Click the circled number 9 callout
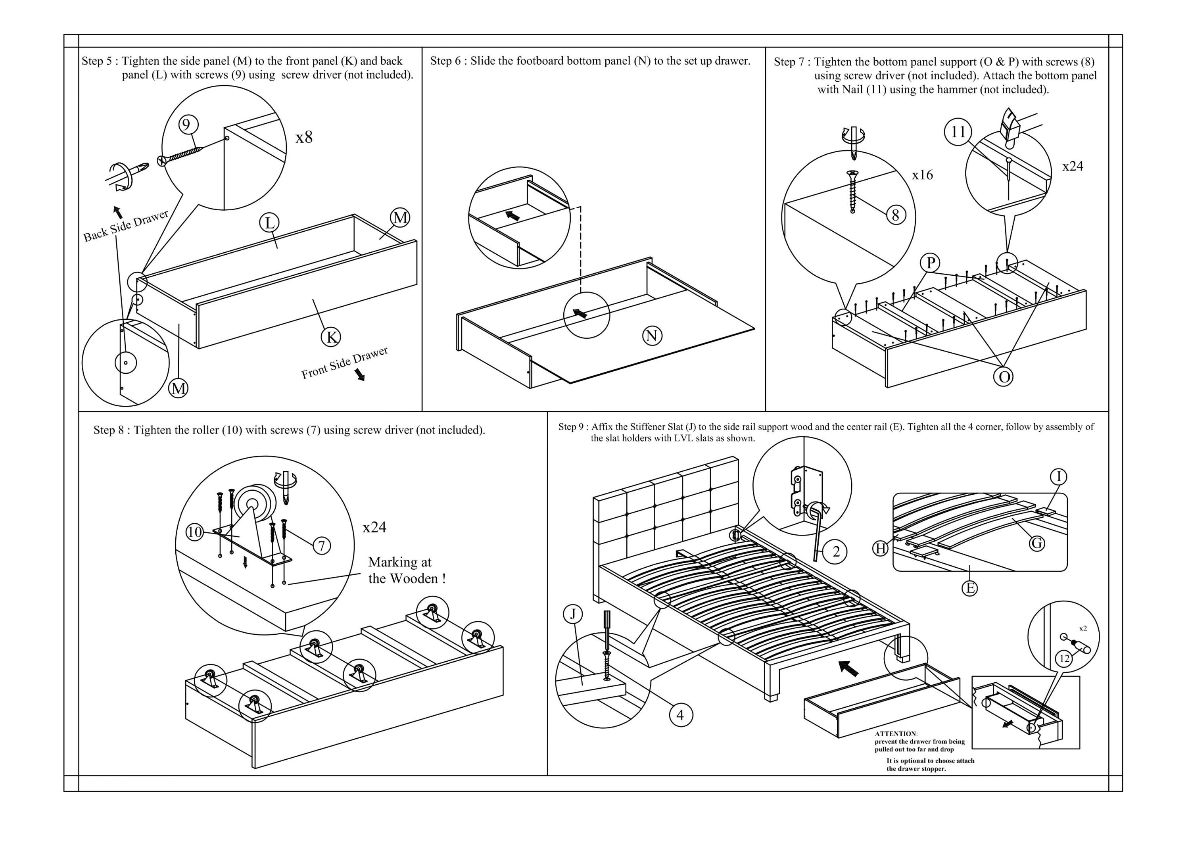[x=188, y=124]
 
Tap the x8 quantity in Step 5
[x=304, y=137]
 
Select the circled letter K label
[x=331, y=337]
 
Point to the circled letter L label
[x=269, y=223]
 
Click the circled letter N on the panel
[x=652, y=336]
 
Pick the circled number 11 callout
[x=958, y=132]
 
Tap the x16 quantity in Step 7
[x=922, y=175]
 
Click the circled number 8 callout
[x=896, y=215]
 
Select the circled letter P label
[x=930, y=263]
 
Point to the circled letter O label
[x=1004, y=377]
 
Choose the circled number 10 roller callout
[x=195, y=532]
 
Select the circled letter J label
[x=573, y=614]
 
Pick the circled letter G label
[x=1036, y=543]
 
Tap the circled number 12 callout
[x=1065, y=659]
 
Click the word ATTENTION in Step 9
[x=896, y=734]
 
